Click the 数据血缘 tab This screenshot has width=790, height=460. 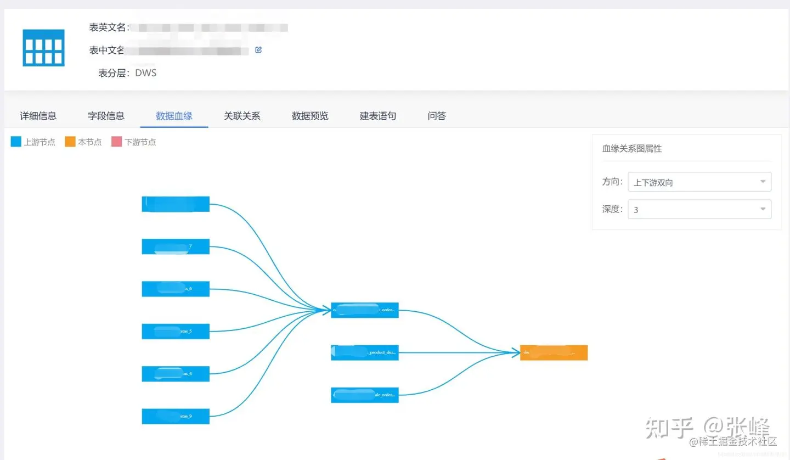point(174,116)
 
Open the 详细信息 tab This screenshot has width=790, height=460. point(38,116)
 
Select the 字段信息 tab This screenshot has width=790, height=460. point(106,116)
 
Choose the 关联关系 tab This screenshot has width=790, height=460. point(242,116)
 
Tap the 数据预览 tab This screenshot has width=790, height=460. point(310,116)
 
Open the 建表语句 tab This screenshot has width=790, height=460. point(378,116)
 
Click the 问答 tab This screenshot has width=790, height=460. point(437,116)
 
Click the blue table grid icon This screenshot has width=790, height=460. point(43,48)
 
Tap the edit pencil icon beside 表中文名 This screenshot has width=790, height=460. point(258,50)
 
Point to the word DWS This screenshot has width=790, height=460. point(146,73)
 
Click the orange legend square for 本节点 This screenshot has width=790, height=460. point(70,142)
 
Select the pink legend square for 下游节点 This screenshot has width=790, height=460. point(116,142)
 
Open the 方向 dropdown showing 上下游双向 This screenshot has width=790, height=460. point(699,182)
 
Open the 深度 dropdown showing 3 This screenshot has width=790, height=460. point(699,209)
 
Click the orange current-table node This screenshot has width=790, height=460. point(554,352)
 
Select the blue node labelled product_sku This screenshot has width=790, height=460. point(365,352)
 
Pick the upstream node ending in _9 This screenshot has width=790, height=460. point(176,416)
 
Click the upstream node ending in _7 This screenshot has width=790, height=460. point(176,246)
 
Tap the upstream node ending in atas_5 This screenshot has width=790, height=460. point(176,332)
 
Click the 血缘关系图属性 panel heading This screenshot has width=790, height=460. point(632,149)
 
